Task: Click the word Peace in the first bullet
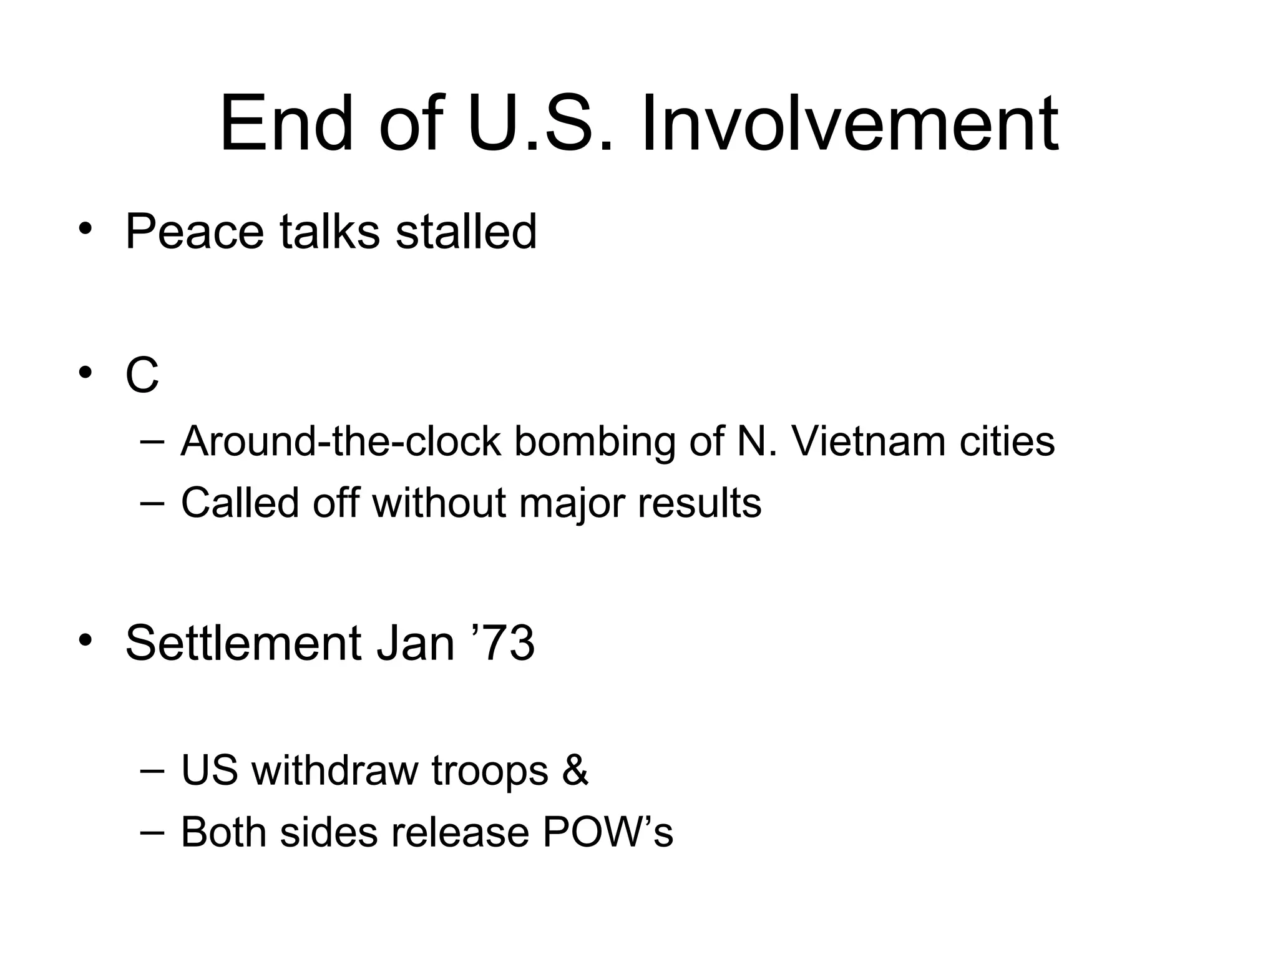click(194, 232)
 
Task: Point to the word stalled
click(466, 232)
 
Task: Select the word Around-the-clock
click(341, 441)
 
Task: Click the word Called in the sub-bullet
click(240, 503)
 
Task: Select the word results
click(700, 503)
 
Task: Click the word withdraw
click(335, 770)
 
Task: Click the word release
click(461, 832)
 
